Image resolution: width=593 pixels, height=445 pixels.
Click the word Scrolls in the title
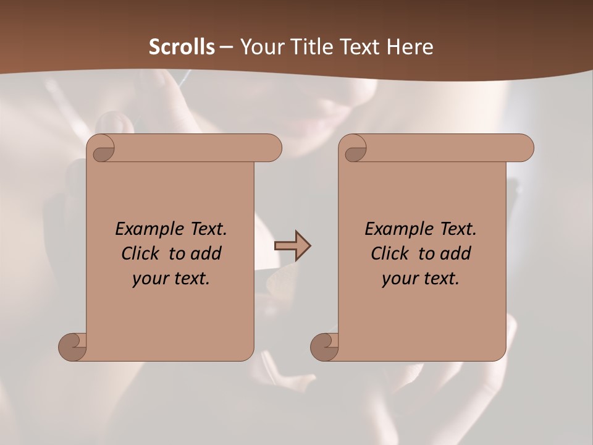tap(182, 47)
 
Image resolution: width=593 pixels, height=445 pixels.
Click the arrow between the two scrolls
tap(293, 246)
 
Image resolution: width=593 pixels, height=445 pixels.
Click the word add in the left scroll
tap(206, 253)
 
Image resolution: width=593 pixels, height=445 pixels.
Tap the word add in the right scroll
tap(456, 253)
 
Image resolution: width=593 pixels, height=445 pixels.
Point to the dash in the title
tap(227, 47)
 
